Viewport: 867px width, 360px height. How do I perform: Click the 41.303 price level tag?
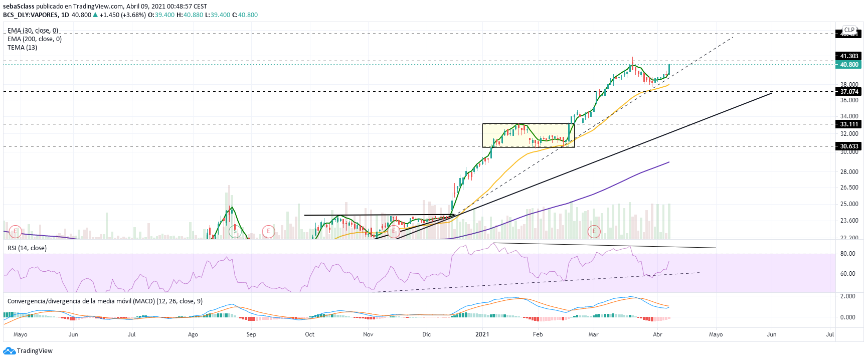click(848, 56)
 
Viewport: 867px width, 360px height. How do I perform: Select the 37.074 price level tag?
click(848, 92)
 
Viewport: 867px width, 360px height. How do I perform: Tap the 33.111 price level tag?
click(848, 124)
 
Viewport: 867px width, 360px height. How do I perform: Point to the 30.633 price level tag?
click(848, 146)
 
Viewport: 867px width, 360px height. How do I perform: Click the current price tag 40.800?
click(848, 65)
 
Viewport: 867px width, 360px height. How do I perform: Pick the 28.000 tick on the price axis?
click(849, 172)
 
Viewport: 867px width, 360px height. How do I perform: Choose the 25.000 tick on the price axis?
click(849, 204)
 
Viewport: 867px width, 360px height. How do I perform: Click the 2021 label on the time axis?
click(482, 334)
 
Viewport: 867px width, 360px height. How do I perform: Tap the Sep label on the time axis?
click(251, 334)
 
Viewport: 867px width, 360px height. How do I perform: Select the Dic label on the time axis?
click(426, 334)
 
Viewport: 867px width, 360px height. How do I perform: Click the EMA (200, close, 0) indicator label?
click(35, 39)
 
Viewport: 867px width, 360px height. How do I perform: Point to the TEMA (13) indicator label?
click(22, 48)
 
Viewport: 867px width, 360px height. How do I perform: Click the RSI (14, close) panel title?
click(27, 248)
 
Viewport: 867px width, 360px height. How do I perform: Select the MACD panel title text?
click(105, 301)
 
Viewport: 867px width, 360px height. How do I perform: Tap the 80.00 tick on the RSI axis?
click(847, 254)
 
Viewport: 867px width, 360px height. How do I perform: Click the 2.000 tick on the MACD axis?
click(847, 296)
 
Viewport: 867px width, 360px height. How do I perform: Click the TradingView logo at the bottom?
click(28, 351)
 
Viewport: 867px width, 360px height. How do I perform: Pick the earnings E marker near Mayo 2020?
click(16, 231)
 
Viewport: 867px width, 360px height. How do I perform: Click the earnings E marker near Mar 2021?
click(594, 231)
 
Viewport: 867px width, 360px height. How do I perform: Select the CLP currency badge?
click(849, 30)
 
